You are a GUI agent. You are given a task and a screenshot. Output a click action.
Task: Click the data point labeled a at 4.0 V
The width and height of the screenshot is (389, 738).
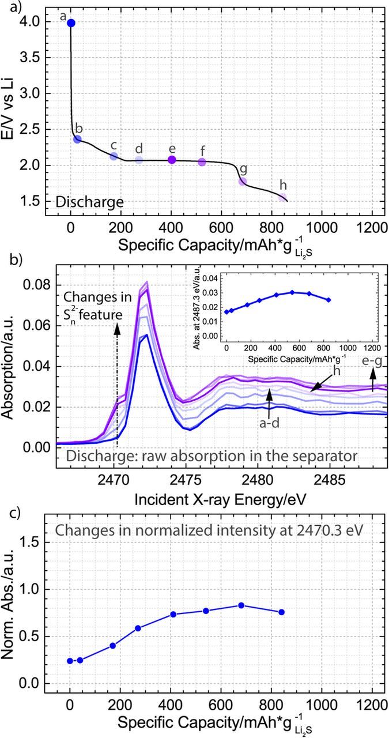(x=71, y=23)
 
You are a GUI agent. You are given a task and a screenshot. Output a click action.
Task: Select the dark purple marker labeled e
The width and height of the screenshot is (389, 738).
(x=172, y=160)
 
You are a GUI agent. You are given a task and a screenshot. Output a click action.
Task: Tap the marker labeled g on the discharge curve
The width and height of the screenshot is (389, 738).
(x=243, y=181)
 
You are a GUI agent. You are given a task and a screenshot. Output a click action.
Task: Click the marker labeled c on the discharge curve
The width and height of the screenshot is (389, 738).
(x=114, y=156)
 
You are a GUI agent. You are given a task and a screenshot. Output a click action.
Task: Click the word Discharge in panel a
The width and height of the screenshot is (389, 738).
(x=89, y=202)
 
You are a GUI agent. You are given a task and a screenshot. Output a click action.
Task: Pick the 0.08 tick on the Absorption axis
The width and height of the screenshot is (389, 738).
(x=39, y=285)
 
